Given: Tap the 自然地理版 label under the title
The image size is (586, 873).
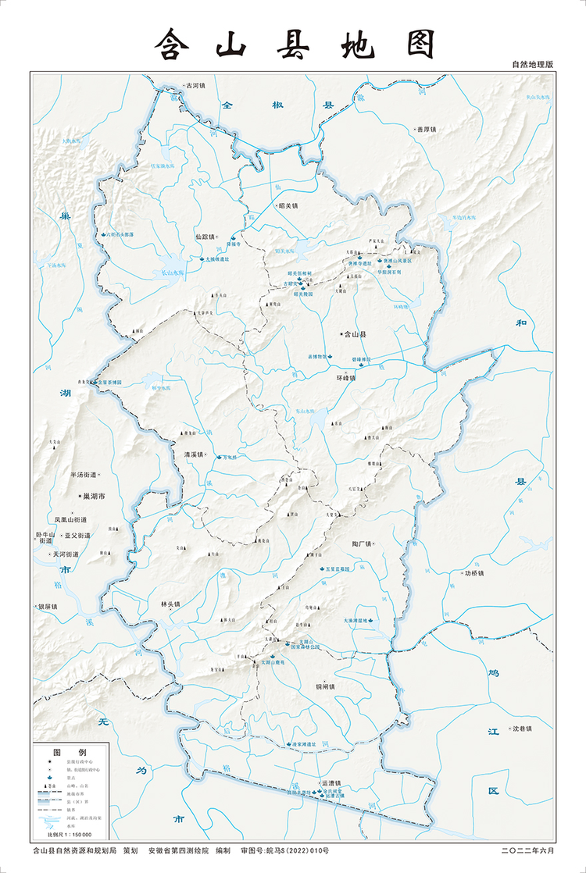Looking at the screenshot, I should point(532,65).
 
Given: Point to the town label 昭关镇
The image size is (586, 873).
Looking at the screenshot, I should point(288,206).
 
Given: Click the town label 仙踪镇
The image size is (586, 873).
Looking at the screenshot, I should point(205,236).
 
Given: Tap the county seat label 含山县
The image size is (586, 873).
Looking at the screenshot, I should point(356,333).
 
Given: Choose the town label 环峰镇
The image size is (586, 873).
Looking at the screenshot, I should point(345,378).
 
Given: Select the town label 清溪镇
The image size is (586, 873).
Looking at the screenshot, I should point(193,454).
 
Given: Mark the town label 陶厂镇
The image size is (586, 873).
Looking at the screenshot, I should point(365,543).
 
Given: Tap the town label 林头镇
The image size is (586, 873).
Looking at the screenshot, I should point(170,604).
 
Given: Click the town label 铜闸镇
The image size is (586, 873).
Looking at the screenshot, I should point(324,687).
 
